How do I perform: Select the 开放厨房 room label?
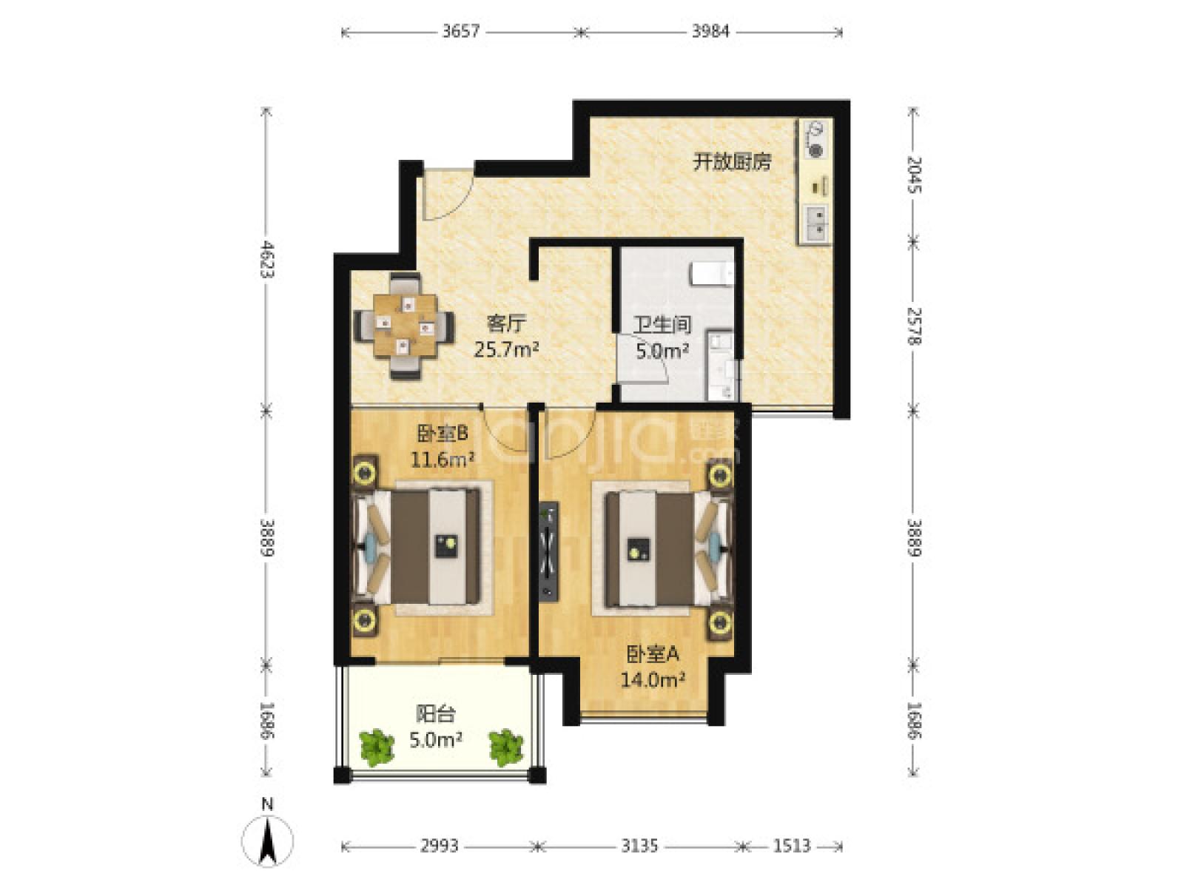pyautogui.click(x=731, y=161)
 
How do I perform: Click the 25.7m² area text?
pyautogui.click(x=505, y=349)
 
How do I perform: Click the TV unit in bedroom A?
pyautogui.click(x=548, y=551)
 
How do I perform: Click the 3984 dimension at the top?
pyautogui.click(x=711, y=31)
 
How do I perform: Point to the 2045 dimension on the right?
pyautogui.click(x=915, y=175)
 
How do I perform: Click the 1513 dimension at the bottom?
pyautogui.click(x=792, y=845)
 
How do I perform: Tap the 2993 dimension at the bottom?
pyautogui.click(x=439, y=845)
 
